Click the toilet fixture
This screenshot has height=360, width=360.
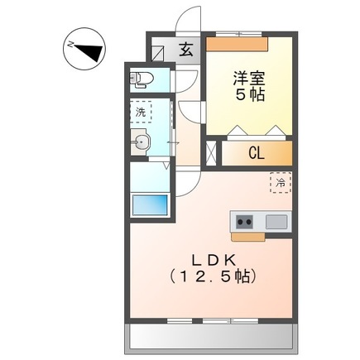[x=142, y=79]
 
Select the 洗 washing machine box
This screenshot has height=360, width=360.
[x=142, y=112]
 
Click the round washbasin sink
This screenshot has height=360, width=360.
[x=142, y=143]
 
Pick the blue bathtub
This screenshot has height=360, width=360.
[x=149, y=204]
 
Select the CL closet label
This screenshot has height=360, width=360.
[x=257, y=152]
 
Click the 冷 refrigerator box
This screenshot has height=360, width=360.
[x=281, y=182]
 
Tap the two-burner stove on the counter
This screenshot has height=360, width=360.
[x=246, y=221]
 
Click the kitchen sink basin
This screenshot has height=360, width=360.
[x=275, y=221]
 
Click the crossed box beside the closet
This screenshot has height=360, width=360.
[x=210, y=152]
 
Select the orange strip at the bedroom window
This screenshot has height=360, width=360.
[x=238, y=38]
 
